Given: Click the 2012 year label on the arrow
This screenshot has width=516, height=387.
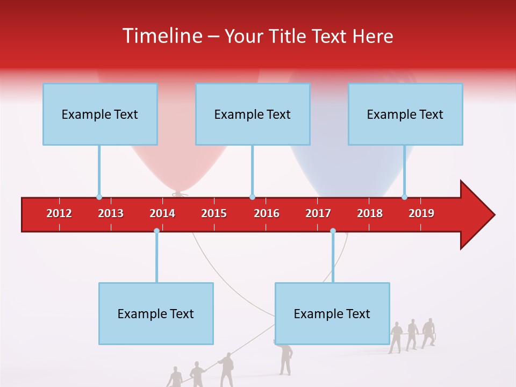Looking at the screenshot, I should tap(59, 213).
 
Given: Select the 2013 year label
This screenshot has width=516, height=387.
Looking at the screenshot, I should tap(111, 213).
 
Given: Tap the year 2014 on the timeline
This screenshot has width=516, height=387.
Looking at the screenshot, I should tap(162, 213).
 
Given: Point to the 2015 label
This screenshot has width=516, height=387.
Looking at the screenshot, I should tap(214, 213).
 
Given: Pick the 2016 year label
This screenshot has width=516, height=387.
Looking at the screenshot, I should tap(267, 213).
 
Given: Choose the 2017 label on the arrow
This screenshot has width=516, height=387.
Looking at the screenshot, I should tap(318, 213).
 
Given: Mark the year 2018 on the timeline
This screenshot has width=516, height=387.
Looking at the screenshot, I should tap(370, 213).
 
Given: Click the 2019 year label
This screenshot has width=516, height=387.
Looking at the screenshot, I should tap(421, 213).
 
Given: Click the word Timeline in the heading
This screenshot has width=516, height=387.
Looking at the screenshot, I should tap(161, 36).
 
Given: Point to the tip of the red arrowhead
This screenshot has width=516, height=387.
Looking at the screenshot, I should tap(494, 215).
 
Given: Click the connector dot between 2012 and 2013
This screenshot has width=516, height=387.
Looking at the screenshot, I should tap(99, 197).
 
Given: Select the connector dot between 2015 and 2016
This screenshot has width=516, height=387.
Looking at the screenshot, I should tap(252, 197).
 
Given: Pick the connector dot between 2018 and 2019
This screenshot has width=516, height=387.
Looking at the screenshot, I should tap(405, 197).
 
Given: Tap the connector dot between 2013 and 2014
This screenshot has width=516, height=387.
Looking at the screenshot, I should tap(156, 231).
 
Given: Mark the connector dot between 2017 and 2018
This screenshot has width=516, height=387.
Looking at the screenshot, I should tap(333, 231).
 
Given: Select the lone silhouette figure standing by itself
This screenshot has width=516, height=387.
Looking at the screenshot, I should tap(284, 358).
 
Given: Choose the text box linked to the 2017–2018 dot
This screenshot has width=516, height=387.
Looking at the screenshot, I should tap(332, 313).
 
